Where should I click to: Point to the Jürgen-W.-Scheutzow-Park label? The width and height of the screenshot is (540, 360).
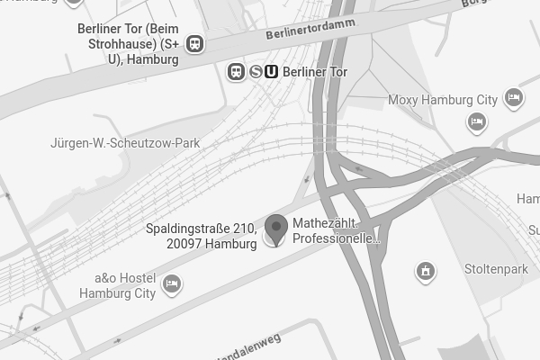pyautogui.click(x=125, y=143)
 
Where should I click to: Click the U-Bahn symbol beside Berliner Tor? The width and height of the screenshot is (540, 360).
pyautogui.click(x=271, y=71)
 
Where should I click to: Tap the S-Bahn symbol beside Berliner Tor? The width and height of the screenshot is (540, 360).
pyautogui.click(x=256, y=71)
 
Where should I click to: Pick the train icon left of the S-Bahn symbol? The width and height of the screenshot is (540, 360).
pyautogui.click(x=236, y=71)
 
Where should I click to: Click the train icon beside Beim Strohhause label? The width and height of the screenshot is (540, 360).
pyautogui.click(x=194, y=44)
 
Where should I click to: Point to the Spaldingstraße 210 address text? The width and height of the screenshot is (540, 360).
pyautogui.click(x=202, y=229)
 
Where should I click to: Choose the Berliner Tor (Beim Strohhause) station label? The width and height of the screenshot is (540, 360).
pyautogui.click(x=129, y=43)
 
